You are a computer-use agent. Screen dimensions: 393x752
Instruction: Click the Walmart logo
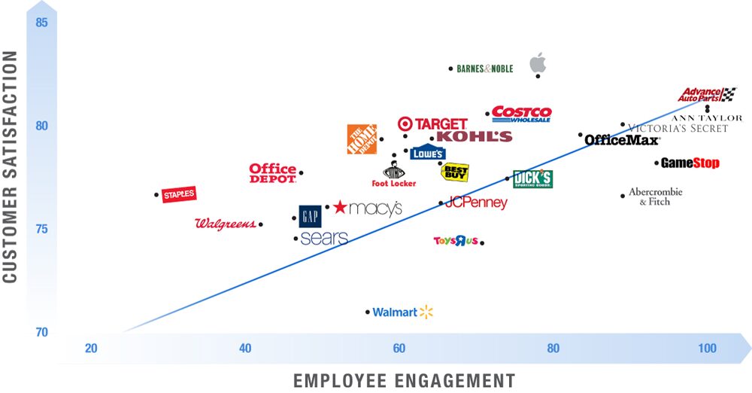pos(403,312)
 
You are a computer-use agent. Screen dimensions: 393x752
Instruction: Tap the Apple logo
pos(538,62)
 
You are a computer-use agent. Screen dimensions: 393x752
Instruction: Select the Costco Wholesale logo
pos(521,114)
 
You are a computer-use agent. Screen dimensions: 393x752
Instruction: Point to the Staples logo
pos(180,194)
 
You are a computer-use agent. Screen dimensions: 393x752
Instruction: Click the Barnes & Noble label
pos(485,69)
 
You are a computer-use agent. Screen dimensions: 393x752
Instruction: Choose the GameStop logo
pos(690,163)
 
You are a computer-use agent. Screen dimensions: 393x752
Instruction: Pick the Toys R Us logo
pos(456,241)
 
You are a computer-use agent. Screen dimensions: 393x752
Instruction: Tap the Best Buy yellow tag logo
pos(455,172)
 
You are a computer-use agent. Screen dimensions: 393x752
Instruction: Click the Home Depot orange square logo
pos(361,139)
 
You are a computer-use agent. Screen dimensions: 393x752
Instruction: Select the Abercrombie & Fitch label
pos(655,196)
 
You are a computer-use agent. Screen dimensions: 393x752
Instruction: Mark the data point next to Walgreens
pos(261,224)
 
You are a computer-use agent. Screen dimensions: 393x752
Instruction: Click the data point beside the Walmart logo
pos(368,312)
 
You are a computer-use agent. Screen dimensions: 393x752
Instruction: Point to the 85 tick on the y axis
pos(42,23)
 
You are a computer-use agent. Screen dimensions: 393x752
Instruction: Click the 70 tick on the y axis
pos(42,332)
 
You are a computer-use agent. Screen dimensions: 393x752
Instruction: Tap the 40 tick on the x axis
pos(245,349)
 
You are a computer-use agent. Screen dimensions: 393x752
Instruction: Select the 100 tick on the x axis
pos(707,349)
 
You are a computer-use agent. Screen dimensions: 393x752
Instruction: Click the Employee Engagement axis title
pos(404,380)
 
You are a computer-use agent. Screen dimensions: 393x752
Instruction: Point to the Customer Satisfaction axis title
pos(11,167)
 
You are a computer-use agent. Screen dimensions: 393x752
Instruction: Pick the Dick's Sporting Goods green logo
pos(532,179)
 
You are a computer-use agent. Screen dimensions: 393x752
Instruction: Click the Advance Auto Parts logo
pos(706,94)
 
